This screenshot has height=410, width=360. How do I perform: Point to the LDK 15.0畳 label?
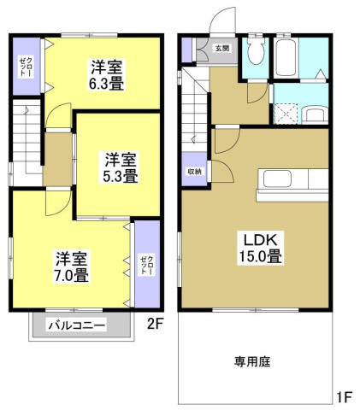point(262,245)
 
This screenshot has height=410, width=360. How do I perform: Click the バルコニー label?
point(76,325)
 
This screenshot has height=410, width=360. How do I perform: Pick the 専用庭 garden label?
point(252,362)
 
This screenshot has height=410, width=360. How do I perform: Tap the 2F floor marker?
point(154,323)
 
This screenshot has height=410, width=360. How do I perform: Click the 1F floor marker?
point(342,397)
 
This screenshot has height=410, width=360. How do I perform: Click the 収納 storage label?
point(195,172)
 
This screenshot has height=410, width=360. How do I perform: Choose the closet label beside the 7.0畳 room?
point(146,264)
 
